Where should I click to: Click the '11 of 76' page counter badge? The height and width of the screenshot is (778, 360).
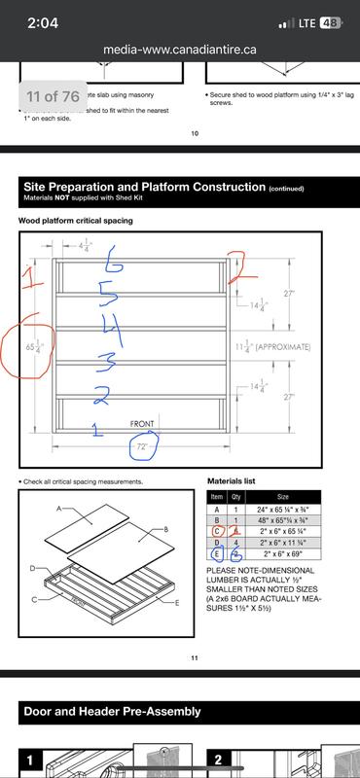click(x=54, y=96)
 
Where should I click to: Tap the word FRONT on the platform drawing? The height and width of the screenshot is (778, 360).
click(x=148, y=424)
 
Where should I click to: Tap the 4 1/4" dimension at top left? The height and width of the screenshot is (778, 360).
click(x=86, y=247)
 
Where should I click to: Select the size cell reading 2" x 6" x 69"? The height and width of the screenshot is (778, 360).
click(x=291, y=554)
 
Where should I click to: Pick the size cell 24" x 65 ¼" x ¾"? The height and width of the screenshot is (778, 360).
click(x=291, y=508)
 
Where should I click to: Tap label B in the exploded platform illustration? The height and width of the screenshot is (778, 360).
click(x=166, y=529)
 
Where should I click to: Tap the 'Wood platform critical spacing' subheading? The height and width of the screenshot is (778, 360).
click(x=76, y=221)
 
